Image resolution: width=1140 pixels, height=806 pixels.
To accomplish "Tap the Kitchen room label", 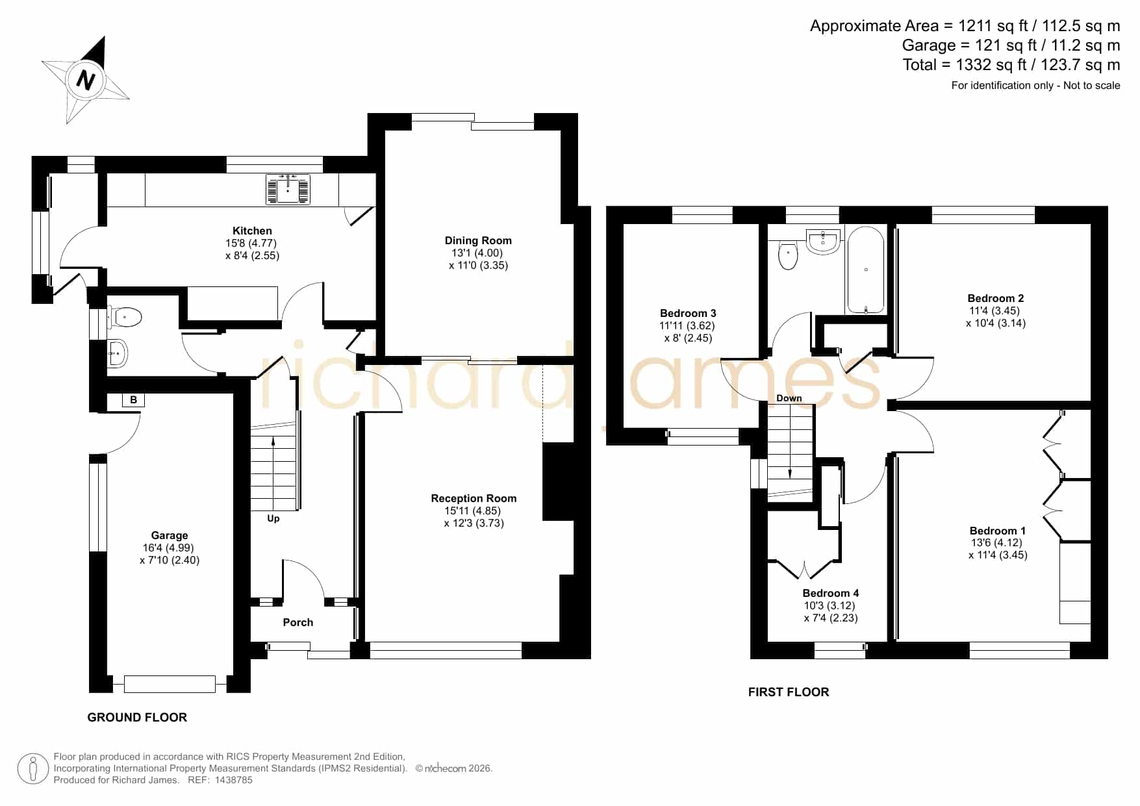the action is (252, 231).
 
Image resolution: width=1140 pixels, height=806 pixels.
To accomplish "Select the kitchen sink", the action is (288, 189).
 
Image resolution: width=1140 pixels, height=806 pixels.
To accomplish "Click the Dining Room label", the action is (478, 240).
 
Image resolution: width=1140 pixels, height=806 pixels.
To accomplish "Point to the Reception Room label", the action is (474, 498).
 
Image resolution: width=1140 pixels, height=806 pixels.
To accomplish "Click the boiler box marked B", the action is (133, 400).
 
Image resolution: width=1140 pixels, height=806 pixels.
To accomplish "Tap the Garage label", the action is (170, 535).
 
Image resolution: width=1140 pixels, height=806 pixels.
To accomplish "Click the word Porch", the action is (298, 622).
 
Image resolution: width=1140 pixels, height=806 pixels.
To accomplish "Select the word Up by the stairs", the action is (273, 518).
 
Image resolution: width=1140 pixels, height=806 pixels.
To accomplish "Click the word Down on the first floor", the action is (789, 398).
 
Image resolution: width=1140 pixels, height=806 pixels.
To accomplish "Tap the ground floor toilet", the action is (126, 318).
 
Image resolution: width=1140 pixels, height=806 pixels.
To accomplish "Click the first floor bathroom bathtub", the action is (865, 270).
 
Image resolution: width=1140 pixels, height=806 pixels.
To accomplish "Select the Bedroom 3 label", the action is (688, 313).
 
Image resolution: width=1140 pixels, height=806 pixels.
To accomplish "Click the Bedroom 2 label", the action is (996, 298).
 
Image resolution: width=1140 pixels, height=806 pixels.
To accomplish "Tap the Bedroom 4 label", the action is (831, 593).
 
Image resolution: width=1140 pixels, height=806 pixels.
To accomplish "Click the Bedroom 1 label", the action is (998, 531).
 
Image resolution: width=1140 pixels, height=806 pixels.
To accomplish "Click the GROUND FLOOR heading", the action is (137, 717).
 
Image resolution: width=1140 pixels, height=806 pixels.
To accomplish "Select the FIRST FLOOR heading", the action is (789, 692).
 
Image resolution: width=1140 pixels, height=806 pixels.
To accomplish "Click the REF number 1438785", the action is (234, 780).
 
